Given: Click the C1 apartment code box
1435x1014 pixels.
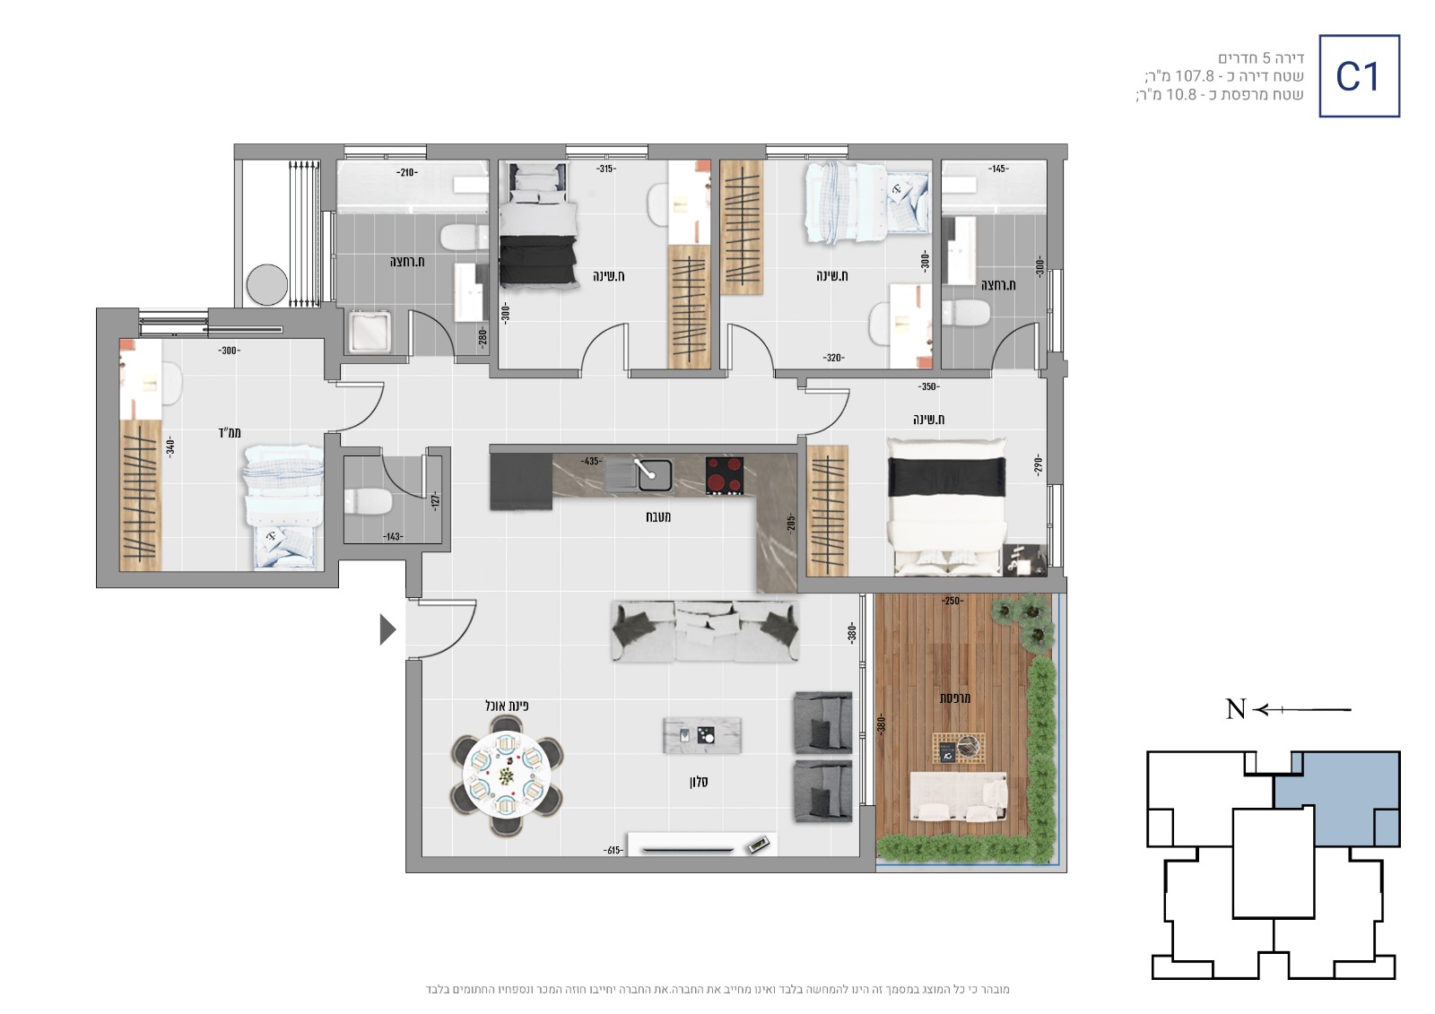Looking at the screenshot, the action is click(x=1360, y=76).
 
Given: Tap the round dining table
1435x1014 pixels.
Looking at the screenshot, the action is click(x=507, y=776).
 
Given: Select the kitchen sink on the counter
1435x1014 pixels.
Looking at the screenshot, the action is click(x=638, y=475).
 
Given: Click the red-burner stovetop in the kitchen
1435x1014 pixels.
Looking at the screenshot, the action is click(x=725, y=475).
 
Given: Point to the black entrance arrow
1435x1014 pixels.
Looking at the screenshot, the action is click(x=387, y=629).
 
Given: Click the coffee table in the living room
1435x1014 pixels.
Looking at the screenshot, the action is click(x=702, y=734).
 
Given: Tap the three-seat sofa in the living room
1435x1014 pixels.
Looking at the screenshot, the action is click(x=705, y=631).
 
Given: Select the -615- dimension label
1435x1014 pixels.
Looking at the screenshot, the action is click(x=613, y=850).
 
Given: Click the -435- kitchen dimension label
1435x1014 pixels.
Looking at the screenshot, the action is click(x=590, y=461).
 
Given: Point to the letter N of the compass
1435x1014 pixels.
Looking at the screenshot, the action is click(x=1236, y=709).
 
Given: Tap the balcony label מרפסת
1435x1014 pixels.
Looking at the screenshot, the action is click(x=954, y=698).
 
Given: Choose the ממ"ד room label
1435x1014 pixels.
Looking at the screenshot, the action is click(x=230, y=433).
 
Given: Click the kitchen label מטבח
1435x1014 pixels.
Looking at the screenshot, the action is click(x=658, y=517).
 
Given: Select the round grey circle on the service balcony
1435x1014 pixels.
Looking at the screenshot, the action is click(x=267, y=284).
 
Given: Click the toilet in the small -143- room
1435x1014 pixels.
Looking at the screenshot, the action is click(x=368, y=501).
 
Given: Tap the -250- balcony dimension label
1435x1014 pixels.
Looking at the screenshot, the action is click(x=952, y=601).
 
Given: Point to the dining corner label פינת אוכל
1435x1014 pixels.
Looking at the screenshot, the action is click(x=507, y=706).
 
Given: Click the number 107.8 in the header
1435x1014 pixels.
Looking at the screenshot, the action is click(x=1194, y=76).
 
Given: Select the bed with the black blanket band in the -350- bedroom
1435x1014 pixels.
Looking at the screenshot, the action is click(x=945, y=506).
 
